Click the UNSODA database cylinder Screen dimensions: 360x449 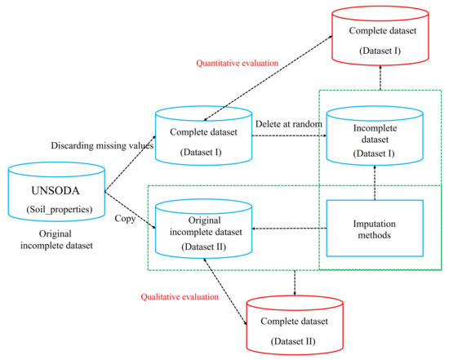[x=56, y=192]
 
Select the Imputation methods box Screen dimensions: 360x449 [x=373, y=229]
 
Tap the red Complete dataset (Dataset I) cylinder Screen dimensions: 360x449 [x=380, y=38]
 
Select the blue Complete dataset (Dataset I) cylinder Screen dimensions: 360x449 [x=202, y=134]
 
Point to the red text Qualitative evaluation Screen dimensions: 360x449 [x=180, y=297]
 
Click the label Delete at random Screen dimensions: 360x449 [x=287, y=123]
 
